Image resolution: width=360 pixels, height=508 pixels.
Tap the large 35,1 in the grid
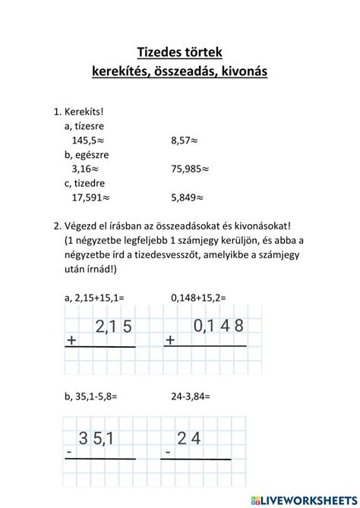(x=96, y=438)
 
